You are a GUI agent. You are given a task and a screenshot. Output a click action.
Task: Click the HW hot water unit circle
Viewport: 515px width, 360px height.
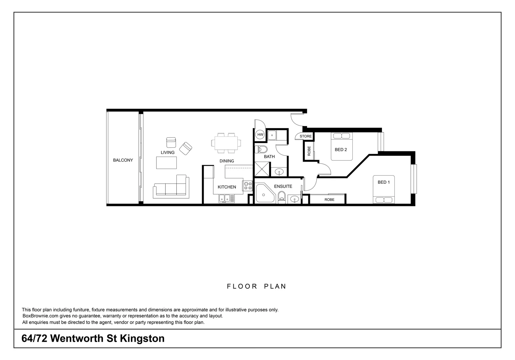[260, 135]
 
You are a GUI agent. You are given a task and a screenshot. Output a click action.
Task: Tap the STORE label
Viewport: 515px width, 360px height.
[305, 136]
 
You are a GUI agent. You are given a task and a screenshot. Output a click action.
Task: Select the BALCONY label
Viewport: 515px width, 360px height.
[123, 160]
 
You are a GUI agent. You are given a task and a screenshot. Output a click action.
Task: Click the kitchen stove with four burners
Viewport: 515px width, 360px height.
[248, 186]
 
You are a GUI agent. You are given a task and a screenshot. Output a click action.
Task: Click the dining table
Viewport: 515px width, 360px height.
[226, 143]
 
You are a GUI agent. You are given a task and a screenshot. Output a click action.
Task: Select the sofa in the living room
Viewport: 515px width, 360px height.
[171, 187]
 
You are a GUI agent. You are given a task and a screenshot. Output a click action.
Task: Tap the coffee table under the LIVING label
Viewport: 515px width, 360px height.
[167, 162]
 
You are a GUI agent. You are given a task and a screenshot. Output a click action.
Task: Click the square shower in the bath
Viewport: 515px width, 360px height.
[262, 169]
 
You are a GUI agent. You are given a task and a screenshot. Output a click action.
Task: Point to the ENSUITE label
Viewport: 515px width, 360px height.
[283, 186]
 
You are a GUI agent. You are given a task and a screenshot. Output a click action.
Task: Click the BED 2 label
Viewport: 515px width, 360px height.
[341, 150]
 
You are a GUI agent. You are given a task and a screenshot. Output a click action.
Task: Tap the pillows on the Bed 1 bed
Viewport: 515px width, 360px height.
[384, 200]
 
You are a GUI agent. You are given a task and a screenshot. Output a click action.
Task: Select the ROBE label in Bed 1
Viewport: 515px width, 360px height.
[329, 200]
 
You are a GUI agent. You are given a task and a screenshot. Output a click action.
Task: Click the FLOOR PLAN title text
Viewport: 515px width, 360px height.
[256, 286]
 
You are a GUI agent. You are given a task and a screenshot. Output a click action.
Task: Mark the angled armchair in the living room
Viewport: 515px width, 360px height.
[186, 148]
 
